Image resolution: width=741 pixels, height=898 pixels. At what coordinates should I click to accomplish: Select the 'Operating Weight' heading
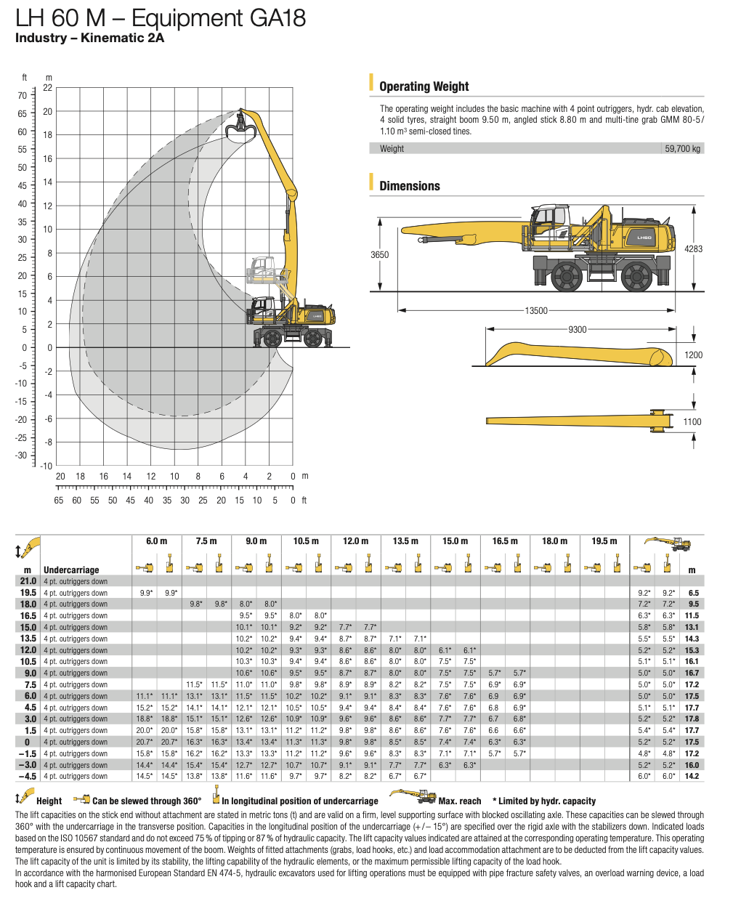click(424, 86)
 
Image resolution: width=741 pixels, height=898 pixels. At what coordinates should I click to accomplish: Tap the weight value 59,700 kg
click(682, 149)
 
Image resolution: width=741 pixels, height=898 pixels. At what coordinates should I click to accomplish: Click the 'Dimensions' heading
click(409, 186)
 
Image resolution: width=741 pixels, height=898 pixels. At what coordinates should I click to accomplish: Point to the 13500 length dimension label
click(536, 311)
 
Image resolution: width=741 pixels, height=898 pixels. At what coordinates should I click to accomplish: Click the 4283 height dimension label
click(693, 248)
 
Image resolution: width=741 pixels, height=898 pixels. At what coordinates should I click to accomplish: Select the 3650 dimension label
click(379, 255)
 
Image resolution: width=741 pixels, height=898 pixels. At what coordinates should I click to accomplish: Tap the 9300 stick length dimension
click(577, 330)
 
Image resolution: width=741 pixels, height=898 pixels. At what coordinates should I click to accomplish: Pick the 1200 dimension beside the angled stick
click(693, 355)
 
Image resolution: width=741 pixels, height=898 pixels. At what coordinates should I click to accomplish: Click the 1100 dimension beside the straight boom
click(692, 422)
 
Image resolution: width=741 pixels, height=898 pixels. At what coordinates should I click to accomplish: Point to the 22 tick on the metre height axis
click(48, 88)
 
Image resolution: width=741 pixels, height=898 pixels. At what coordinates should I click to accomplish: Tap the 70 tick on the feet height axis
click(23, 95)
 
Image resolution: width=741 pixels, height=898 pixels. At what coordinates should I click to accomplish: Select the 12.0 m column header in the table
click(355, 541)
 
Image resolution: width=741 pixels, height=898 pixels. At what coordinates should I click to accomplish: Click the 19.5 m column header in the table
click(604, 541)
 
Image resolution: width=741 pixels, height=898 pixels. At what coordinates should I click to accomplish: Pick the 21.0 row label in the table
click(28, 581)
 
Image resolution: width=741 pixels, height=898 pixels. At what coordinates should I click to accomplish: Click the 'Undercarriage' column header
click(71, 570)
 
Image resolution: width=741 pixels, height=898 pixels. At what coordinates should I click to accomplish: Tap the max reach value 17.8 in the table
click(692, 719)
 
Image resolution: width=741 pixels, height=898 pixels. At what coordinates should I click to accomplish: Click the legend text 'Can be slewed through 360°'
click(147, 801)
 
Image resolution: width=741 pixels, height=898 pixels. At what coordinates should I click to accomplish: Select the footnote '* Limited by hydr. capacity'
click(544, 801)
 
